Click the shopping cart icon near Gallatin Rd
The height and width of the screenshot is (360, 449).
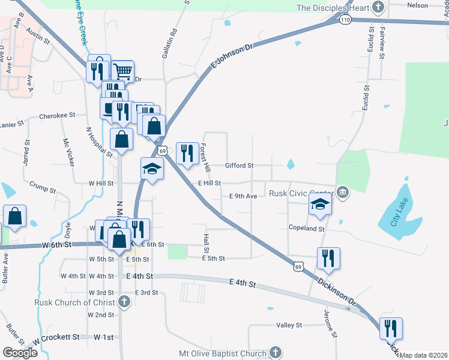click(x=123, y=71)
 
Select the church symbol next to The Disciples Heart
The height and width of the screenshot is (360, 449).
click(x=378, y=8)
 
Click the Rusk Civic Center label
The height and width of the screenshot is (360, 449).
click(x=301, y=193)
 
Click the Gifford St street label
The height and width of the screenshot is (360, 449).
click(x=240, y=165)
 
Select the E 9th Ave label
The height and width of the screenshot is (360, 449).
click(x=243, y=196)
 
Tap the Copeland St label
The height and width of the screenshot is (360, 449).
click(x=306, y=229)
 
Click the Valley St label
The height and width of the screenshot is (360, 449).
click(x=289, y=325)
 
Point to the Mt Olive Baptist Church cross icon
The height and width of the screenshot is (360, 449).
click(x=275, y=352)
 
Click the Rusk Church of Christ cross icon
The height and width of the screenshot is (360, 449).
click(x=124, y=302)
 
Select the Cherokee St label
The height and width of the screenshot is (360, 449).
click(x=56, y=115)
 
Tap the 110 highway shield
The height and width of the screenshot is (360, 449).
click(x=344, y=20)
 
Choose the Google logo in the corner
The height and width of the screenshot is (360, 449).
click(x=20, y=353)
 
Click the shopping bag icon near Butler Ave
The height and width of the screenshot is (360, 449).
click(x=14, y=217)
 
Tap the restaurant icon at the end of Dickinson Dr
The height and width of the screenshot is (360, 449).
click(x=390, y=329)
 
